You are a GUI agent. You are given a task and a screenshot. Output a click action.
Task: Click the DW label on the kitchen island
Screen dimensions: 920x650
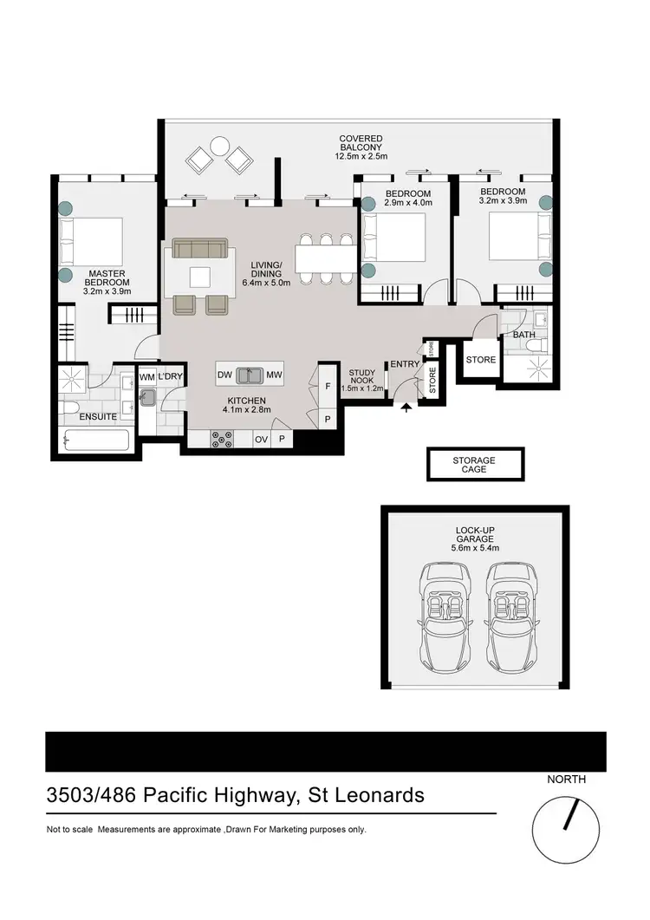(x=224, y=375)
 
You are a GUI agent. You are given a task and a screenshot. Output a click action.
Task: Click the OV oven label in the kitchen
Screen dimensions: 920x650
(x=261, y=440)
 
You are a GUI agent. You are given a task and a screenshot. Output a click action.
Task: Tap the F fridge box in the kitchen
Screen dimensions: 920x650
(x=328, y=386)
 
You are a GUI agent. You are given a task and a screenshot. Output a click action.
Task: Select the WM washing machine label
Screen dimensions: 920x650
(x=147, y=378)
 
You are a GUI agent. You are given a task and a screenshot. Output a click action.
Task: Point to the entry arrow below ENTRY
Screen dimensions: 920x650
(x=406, y=408)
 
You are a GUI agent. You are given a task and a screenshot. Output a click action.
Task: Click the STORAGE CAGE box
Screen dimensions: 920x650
(x=475, y=465)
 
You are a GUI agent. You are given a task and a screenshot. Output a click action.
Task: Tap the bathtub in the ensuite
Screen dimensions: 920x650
(x=96, y=440)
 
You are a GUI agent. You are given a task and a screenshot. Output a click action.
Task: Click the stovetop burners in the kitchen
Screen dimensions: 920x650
(x=222, y=440)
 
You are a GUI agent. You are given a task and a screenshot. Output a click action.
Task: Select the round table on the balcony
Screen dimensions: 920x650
(x=220, y=146)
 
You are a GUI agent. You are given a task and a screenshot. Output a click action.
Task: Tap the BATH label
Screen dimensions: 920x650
(x=523, y=335)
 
